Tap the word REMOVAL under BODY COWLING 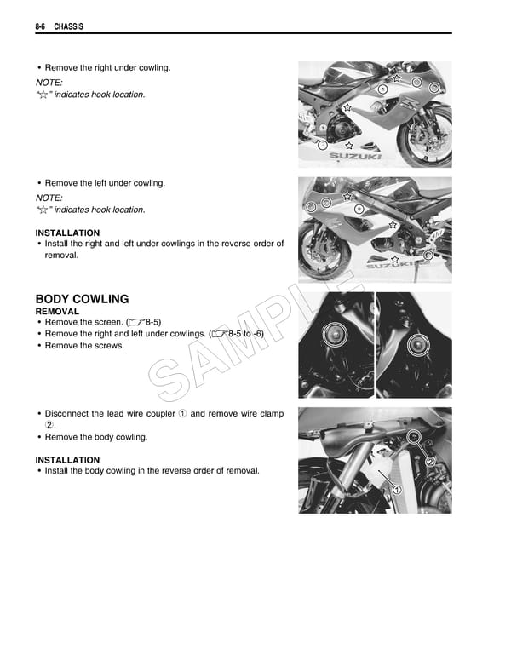pyautogui.click(x=57, y=312)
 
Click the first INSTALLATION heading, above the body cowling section pyautogui.click(x=67, y=233)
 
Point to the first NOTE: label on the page pyautogui.click(x=49, y=82)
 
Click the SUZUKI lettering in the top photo pyautogui.click(x=349, y=157)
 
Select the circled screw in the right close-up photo pyautogui.click(x=416, y=345)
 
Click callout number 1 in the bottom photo pyautogui.click(x=396, y=488)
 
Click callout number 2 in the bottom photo pyautogui.click(x=431, y=463)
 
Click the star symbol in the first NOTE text pyautogui.click(x=44, y=95)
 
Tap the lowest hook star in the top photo pyautogui.click(x=348, y=146)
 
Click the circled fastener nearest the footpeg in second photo pyautogui.click(x=428, y=255)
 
